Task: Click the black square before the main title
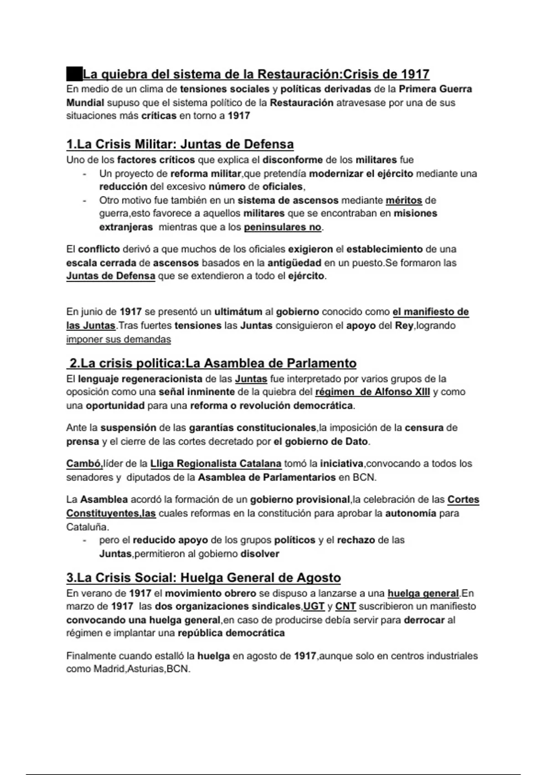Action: pos(74,74)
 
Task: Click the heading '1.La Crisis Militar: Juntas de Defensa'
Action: pos(180,145)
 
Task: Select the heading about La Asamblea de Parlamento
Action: pos(212,363)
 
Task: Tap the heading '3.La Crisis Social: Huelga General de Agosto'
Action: pos(203,578)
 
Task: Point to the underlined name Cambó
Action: pos(84,464)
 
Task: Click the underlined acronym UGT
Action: pos(314,607)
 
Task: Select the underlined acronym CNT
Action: pos(346,607)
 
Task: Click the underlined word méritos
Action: pos(404,200)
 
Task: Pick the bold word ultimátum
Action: pos(238,312)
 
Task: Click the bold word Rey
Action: pos(404,326)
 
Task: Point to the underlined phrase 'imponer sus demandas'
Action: pos(119,340)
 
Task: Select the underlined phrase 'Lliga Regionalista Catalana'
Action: pos(216,464)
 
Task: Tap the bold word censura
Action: pos(424,428)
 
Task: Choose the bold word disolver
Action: pos(260,554)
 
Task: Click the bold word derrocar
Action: pos(424,620)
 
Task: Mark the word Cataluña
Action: pos(88,527)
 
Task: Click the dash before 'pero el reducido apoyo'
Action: pos(84,541)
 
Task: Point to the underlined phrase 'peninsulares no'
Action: pos(283,227)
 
